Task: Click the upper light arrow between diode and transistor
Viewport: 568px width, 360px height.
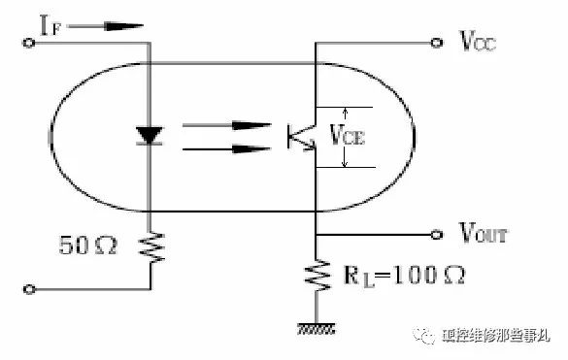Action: (x=224, y=126)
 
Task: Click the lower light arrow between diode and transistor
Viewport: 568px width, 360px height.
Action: (x=224, y=148)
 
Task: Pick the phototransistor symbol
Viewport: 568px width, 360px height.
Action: (x=301, y=136)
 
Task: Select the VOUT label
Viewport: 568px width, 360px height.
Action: (x=480, y=234)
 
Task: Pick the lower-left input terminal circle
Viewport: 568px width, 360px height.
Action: (x=30, y=288)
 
